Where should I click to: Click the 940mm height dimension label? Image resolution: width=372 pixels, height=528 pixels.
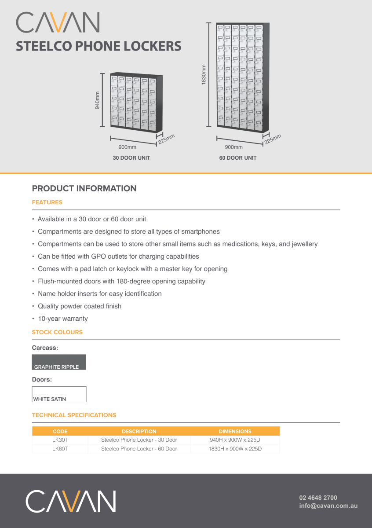click(x=98, y=100)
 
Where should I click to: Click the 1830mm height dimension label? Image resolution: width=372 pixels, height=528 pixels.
click(x=204, y=75)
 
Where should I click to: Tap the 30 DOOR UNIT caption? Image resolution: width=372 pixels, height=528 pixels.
click(x=131, y=158)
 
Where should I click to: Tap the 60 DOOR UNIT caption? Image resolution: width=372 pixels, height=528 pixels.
click(x=238, y=158)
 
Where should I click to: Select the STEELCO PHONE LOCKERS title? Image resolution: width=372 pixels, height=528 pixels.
click(x=98, y=46)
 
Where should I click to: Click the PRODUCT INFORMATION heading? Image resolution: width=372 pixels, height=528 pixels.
click(x=84, y=188)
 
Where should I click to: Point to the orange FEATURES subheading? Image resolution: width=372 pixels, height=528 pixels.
click(x=47, y=202)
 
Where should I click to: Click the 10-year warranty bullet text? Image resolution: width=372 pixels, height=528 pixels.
click(x=63, y=319)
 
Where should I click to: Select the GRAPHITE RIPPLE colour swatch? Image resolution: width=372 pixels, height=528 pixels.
click(x=59, y=362)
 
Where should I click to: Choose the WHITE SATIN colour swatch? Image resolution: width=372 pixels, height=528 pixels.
click(x=59, y=394)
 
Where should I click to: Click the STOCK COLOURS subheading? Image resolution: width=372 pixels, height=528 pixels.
click(x=57, y=332)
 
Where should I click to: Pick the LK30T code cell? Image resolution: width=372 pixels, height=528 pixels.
click(x=60, y=440)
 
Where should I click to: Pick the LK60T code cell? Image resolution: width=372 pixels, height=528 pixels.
click(x=60, y=449)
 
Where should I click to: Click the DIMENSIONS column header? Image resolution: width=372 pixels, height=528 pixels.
click(x=235, y=432)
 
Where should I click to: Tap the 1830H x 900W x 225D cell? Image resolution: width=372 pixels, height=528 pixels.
click(x=235, y=449)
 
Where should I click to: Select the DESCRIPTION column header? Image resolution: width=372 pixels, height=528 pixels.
click(x=139, y=432)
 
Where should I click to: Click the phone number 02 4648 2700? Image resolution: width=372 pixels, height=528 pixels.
click(x=318, y=498)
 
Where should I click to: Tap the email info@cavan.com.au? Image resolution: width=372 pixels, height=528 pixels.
click(x=328, y=506)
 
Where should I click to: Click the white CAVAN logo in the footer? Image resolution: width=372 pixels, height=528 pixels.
click(x=71, y=502)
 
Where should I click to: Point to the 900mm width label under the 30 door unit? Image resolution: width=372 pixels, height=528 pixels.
click(x=128, y=147)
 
